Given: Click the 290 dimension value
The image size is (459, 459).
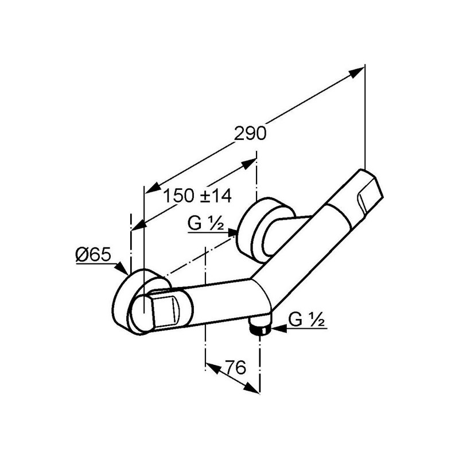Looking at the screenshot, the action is pyautogui.click(x=251, y=134).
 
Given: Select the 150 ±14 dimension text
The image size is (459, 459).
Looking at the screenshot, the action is pyautogui.click(x=197, y=196).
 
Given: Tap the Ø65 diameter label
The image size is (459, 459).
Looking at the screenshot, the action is pyautogui.click(x=94, y=254).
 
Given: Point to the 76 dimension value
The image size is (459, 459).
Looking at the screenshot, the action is pyautogui.click(x=236, y=367).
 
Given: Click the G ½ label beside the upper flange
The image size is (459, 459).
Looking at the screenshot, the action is pyautogui.click(x=206, y=224).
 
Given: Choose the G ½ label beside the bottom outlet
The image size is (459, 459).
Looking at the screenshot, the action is pyautogui.click(x=306, y=320).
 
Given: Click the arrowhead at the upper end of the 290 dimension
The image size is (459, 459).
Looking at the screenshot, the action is pyautogui.click(x=356, y=72).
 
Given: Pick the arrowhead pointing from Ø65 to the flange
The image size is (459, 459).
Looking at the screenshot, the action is pyautogui.click(x=122, y=269).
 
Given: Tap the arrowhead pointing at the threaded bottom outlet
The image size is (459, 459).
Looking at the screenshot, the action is pyautogui.click(x=278, y=329).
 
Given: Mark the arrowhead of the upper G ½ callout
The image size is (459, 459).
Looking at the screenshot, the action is pyautogui.click(x=233, y=233).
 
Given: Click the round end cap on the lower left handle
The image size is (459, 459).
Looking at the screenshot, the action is pyautogui.click(x=142, y=314).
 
